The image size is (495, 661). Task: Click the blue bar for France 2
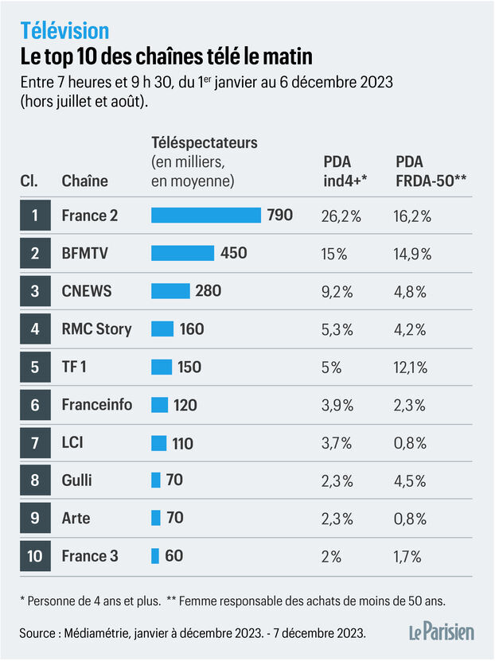tap(205, 215)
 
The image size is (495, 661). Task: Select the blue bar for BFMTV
tap(182, 253)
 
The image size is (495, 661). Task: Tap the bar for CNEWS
tap(170, 291)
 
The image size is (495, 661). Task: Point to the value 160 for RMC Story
tap(192, 329)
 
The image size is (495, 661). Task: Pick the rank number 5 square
tap(35, 367)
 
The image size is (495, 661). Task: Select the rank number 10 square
tap(35, 556)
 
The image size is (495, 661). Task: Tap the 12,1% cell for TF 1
tap(411, 367)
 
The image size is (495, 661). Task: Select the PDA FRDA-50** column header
tap(431, 171)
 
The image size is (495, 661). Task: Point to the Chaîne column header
tap(84, 181)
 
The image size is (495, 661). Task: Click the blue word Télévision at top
tap(64, 30)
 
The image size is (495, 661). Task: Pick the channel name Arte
tap(76, 519)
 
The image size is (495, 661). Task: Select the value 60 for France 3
tap(173, 556)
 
